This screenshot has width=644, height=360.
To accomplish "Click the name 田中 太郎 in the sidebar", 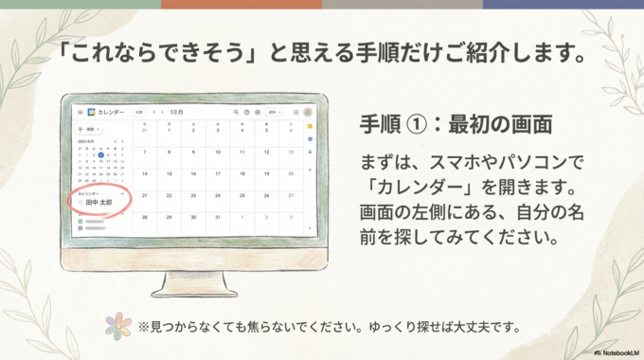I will [x=98, y=203].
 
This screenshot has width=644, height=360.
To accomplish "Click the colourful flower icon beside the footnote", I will [x=118, y=328].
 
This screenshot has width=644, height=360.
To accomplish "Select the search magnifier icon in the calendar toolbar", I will [x=236, y=112].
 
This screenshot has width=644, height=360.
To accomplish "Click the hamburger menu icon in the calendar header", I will [x=80, y=112].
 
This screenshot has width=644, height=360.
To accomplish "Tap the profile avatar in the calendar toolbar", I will [x=308, y=112].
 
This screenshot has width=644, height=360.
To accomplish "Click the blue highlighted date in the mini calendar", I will [x=100, y=155].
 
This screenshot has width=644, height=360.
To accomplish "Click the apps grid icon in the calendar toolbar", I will [x=295, y=112].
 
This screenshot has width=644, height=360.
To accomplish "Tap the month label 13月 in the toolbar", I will [x=175, y=112].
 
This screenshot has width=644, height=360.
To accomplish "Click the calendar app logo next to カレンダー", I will [x=92, y=112].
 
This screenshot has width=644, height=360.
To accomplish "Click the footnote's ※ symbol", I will [x=144, y=328].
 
